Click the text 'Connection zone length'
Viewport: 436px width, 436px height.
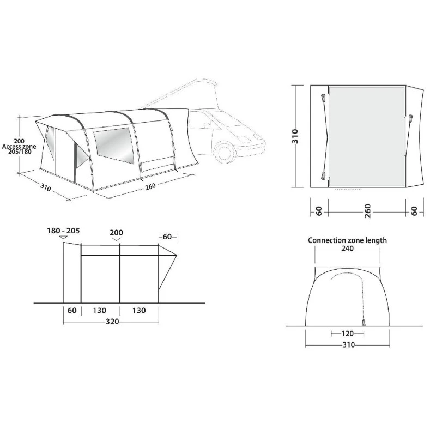(x=347, y=240)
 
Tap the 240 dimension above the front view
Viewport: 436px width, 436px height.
(x=347, y=249)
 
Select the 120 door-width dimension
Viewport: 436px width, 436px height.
(x=347, y=334)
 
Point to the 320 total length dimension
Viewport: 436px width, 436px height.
(x=112, y=322)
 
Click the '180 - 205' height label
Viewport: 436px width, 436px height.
(x=63, y=231)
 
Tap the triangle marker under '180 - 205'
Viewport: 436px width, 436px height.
(x=64, y=238)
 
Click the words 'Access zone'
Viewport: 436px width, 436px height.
(x=19, y=147)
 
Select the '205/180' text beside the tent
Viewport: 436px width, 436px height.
(x=20, y=152)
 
